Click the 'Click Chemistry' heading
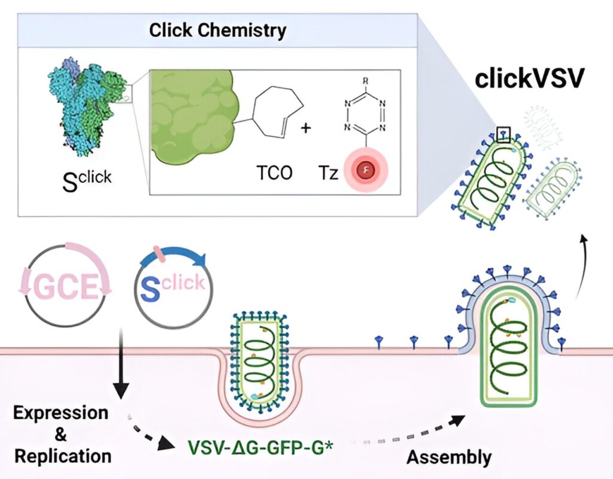217,31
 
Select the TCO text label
274,172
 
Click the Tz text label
327,172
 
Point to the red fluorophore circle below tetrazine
366,170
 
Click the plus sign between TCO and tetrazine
306,128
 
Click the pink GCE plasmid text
65,286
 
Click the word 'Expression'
60,413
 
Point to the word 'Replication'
62,456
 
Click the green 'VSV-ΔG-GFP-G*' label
260,448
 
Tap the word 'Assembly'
449,457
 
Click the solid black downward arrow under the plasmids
121,363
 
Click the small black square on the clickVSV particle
503,134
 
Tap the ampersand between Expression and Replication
60,435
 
